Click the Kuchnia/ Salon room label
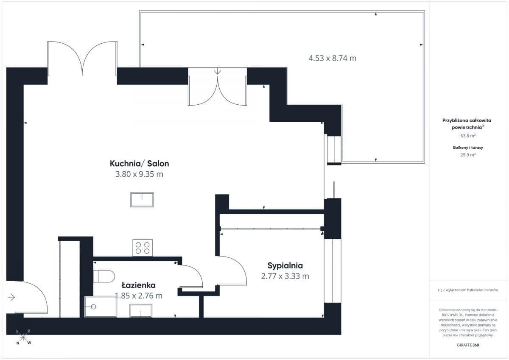pyautogui.click(x=139, y=164)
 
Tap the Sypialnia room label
pyautogui.click(x=285, y=266)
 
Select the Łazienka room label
pyautogui.click(x=139, y=285)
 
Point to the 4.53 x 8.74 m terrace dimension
pyautogui.click(x=332, y=59)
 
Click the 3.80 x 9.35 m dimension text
pyautogui.click(x=139, y=174)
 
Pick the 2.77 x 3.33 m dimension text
pyautogui.click(x=285, y=276)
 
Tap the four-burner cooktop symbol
pyautogui.click(x=143, y=248)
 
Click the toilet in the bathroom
pyautogui.click(x=104, y=276)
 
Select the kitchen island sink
pyautogui.click(x=142, y=200)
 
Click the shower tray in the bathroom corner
pyautogui.click(x=101, y=307)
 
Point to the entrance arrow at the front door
pyautogui.click(x=11, y=297)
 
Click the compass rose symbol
pyautogui.click(x=23, y=337)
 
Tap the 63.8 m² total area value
pyautogui.click(x=468, y=136)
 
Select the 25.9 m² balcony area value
pyautogui.click(x=468, y=155)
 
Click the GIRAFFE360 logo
pyautogui.click(x=468, y=345)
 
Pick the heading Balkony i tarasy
pyautogui.click(x=468, y=148)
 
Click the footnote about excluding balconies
pyautogui.click(x=468, y=290)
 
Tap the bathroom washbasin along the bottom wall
pyautogui.click(x=141, y=311)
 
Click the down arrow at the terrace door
pyautogui.click(x=218, y=71)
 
